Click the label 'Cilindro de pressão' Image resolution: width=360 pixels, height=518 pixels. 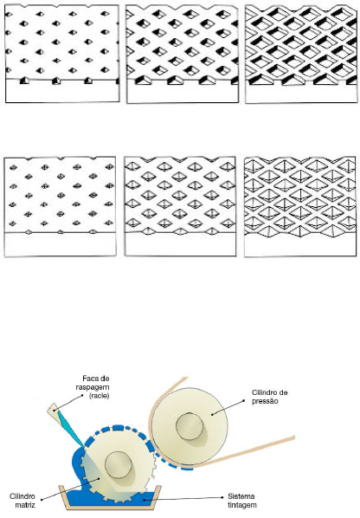pos(269,397)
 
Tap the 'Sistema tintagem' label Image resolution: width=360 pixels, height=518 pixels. pos(241,501)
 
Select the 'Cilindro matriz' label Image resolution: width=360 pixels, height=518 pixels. pos(22,501)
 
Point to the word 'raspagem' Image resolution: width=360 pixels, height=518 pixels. pos(93,387)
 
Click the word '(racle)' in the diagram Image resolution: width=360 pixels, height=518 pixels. pos(99,396)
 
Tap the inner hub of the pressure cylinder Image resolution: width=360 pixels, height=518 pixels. pos(189,426)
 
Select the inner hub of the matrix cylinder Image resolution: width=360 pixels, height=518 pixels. pos(119,464)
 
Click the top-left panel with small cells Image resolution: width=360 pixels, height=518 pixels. pos(62,54)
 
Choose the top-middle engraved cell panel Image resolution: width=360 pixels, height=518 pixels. pos(182,55)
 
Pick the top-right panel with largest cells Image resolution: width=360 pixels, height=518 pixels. pos(301,55)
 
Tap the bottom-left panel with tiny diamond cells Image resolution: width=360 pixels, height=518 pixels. pos(60,206)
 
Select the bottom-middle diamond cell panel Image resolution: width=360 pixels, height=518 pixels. pos(180,206)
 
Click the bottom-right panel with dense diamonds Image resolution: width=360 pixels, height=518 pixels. pos(300,206)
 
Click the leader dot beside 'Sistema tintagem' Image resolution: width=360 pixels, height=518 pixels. pos(144,500)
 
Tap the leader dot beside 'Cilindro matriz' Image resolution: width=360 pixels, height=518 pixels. pos(99,478)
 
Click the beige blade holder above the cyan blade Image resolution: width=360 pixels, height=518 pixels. pos(53,410)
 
